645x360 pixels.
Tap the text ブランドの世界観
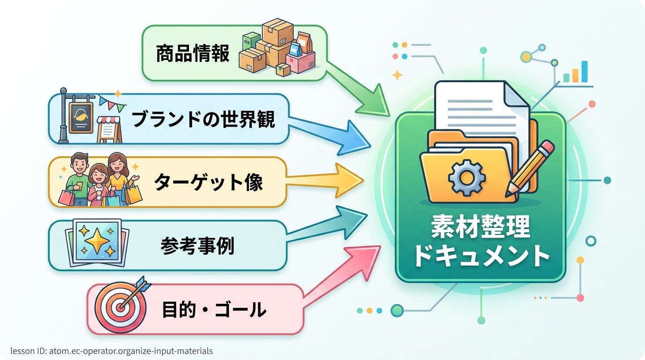pyautogui.click(x=203, y=120)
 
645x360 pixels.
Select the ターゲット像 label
pyautogui.click(x=209, y=182)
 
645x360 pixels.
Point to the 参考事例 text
pyautogui.click(x=197, y=245)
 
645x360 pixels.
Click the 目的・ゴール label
pyautogui.click(x=214, y=310)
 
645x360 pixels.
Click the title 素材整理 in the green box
pyautogui.click(x=480, y=228)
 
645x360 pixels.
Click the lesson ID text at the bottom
pyautogui.click(x=112, y=351)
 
